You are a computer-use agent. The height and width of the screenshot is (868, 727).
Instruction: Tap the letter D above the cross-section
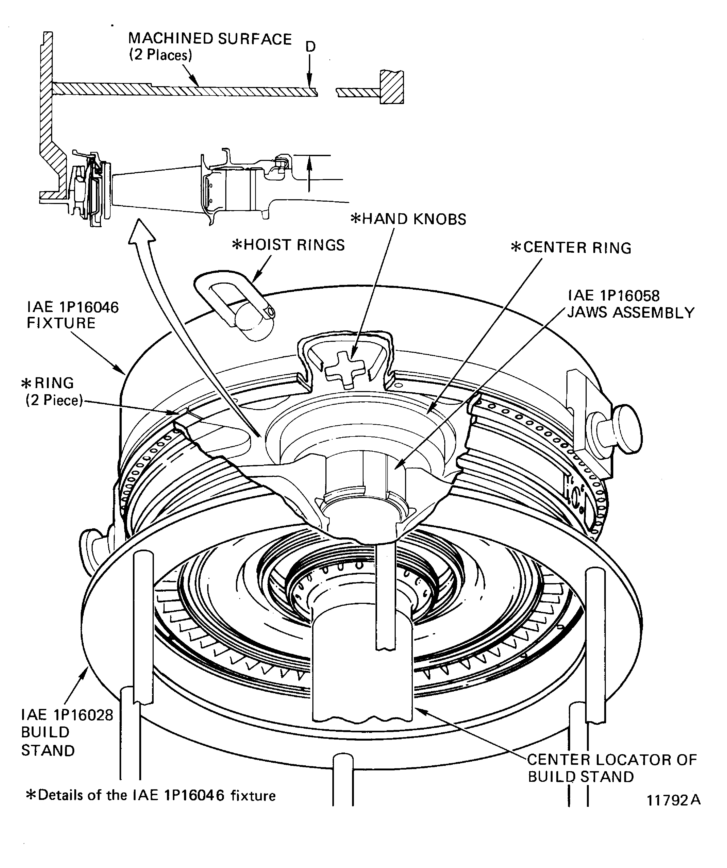(310, 47)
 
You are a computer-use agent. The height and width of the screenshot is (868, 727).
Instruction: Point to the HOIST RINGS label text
(288, 245)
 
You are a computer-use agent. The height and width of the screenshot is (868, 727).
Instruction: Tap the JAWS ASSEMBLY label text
(631, 313)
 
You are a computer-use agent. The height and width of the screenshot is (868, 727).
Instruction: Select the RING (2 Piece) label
(52, 391)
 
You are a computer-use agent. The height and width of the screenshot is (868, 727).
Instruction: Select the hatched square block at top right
(391, 87)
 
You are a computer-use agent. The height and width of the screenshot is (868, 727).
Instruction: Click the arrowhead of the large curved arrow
(141, 231)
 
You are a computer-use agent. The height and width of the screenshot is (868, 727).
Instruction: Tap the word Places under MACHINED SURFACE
(167, 55)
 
